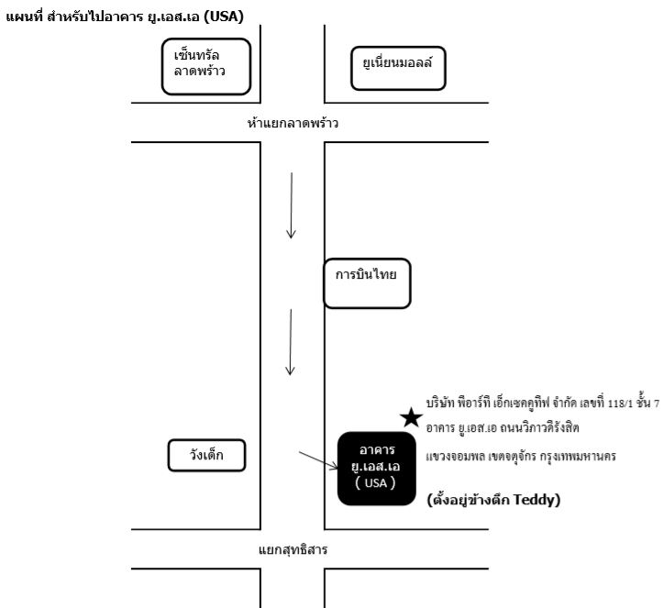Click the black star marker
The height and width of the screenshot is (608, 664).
point(411,417)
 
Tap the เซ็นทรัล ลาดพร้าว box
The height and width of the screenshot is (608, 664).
point(206,66)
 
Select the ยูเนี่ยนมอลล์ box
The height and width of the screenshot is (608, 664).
point(398,68)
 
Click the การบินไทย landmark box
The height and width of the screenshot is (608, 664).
point(367,283)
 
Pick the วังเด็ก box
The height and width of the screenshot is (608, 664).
point(206,455)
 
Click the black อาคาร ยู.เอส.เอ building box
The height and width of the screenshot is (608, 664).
point(376,469)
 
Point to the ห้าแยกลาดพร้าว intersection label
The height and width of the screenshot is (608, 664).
point(293,123)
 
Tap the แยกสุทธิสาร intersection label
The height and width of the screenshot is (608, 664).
point(293,549)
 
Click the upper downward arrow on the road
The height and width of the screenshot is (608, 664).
point(292,205)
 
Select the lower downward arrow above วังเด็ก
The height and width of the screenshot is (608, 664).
point(291,342)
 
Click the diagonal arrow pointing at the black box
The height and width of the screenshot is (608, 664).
point(318,460)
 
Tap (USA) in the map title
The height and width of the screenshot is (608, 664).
point(224,17)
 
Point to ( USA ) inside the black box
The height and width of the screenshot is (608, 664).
point(376,482)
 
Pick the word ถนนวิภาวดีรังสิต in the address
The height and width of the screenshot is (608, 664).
point(539,427)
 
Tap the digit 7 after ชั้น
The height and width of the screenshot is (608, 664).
point(657,403)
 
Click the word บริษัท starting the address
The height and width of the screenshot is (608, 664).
point(440,403)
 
